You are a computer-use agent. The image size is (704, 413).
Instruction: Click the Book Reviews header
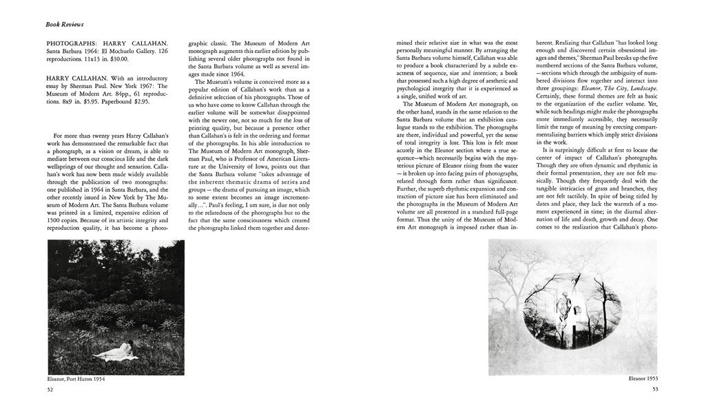(65, 24)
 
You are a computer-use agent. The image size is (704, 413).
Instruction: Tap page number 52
(50, 390)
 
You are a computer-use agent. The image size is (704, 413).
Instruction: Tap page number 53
(654, 390)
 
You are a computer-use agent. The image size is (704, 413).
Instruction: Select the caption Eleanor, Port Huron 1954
(76, 379)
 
